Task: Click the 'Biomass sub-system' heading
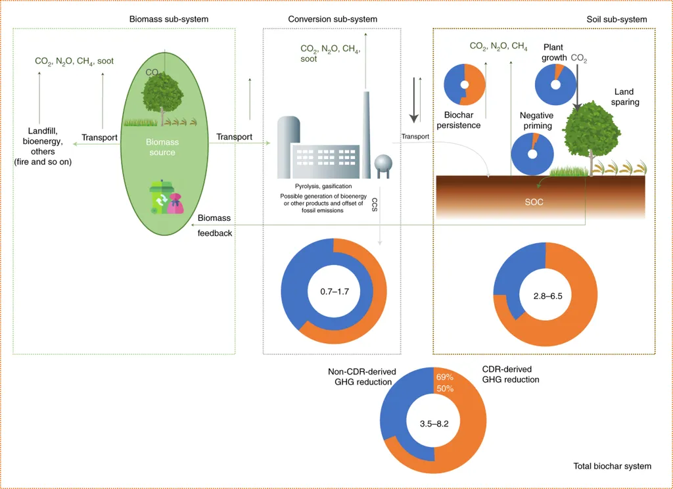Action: (169, 19)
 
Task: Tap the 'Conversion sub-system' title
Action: (333, 19)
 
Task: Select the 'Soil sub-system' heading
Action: (616, 19)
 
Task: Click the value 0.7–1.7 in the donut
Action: (335, 292)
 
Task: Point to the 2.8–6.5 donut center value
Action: (547, 296)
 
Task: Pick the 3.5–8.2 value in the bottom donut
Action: (434, 423)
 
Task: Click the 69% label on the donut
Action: (445, 377)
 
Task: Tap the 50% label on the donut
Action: (445, 388)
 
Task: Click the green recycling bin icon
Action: (160, 197)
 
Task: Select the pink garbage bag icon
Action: (176, 203)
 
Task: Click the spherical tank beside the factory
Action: (383, 166)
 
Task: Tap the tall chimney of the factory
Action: (366, 135)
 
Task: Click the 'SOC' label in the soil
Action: (534, 202)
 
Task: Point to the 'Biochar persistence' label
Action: (459, 120)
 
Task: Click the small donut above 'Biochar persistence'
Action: (465, 85)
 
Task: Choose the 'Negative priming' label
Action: (537, 121)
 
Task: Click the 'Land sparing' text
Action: (624, 97)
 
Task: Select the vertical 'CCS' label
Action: (374, 204)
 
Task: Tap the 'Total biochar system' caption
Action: (613, 466)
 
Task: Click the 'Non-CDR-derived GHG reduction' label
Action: (362, 377)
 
